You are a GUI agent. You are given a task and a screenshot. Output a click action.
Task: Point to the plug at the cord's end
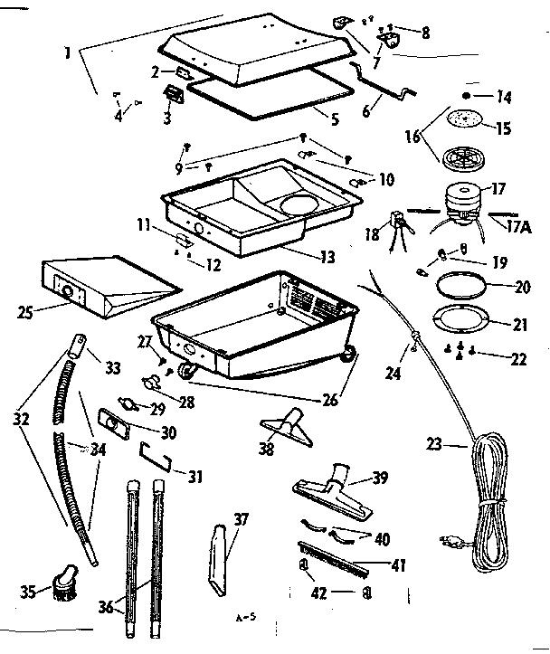[447, 542]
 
